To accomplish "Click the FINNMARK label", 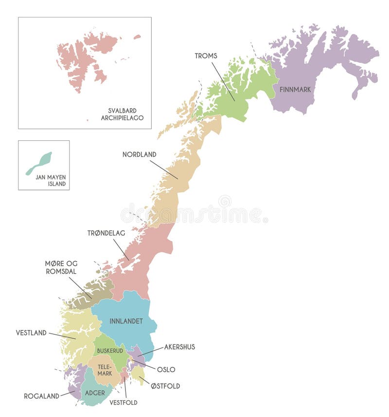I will coord(295,90).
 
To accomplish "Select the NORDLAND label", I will coord(139,154).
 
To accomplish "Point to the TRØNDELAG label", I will coord(106,233).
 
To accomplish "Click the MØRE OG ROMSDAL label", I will coord(61,267).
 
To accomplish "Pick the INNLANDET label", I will coord(126,321).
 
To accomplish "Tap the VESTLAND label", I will coord(31,333).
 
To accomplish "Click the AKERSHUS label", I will coord(179,347).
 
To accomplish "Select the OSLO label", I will coord(166,370).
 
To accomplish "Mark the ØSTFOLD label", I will coord(165,386).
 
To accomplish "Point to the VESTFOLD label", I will coord(123,402).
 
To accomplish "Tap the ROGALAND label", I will coord(41,396).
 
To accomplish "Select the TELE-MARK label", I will coord(104,370).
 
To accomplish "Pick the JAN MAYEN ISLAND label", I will coord(51,181).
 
